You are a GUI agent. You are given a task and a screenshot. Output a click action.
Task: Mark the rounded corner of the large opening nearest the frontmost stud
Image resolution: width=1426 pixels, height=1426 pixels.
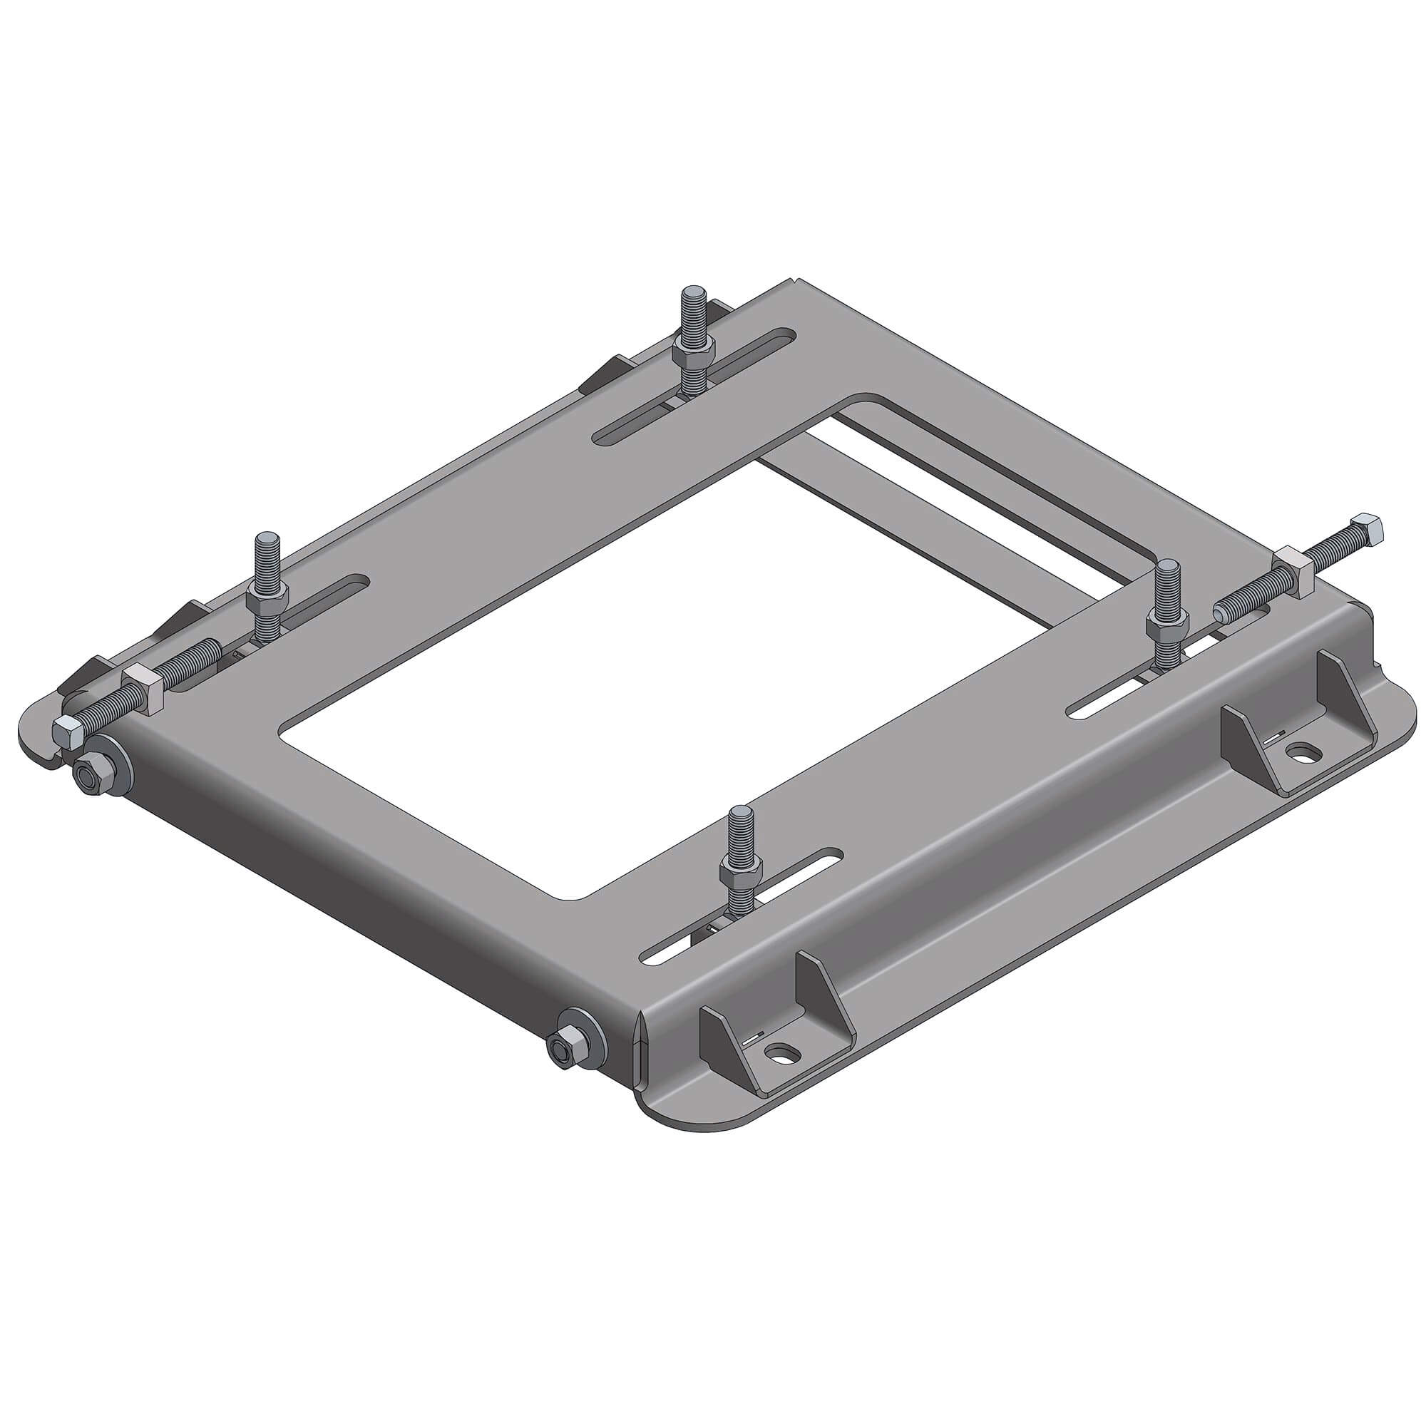coord(580,896)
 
